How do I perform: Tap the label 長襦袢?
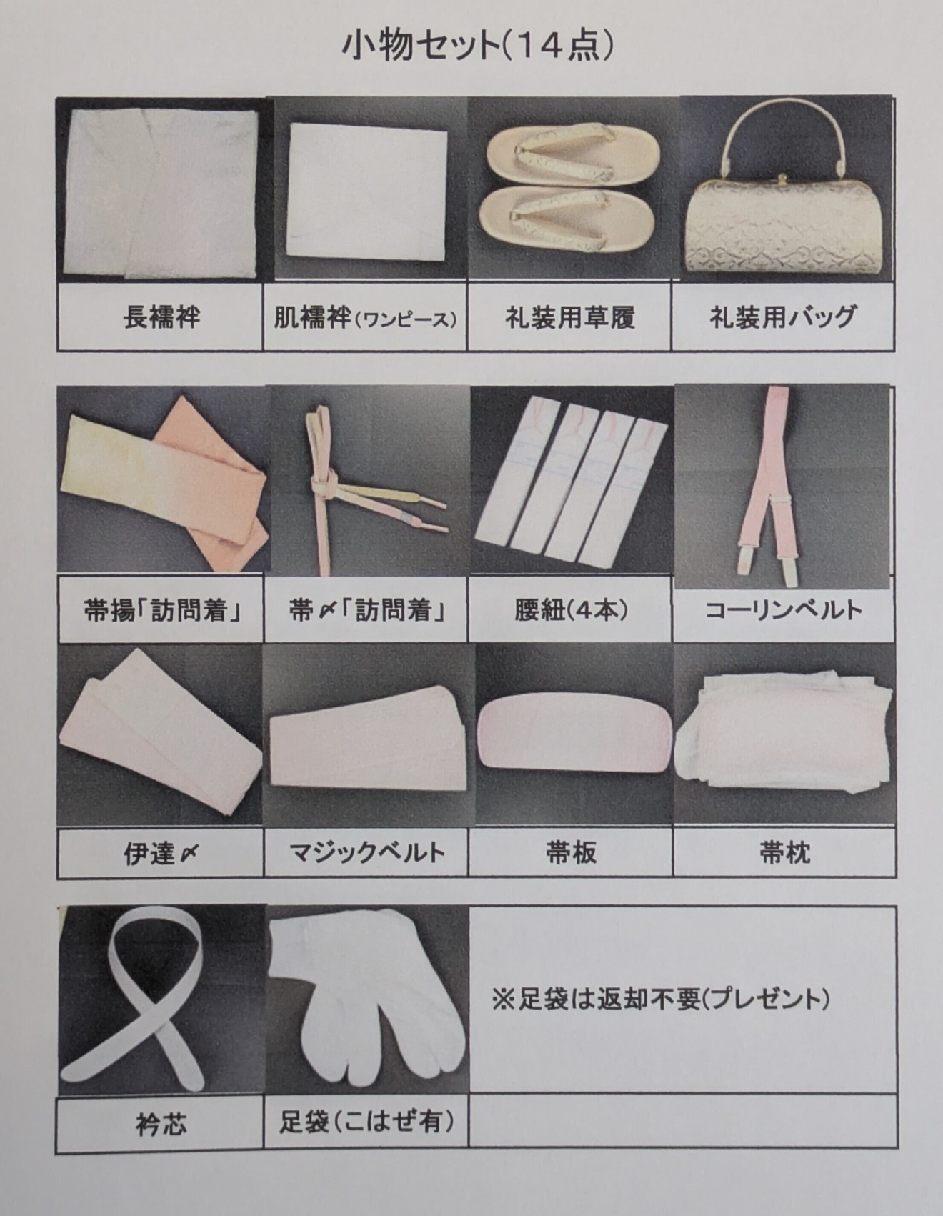coord(161,317)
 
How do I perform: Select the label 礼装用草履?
coord(570,317)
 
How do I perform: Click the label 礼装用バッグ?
coord(783,317)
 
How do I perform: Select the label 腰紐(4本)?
coord(570,609)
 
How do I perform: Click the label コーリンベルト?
coord(784,609)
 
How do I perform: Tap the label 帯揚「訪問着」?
coord(161,610)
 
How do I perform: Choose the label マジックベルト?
coord(366,852)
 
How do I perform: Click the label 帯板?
coord(570,852)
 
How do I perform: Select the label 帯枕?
coord(784,852)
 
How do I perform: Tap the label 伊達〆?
coord(161,852)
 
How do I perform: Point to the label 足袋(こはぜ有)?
coord(366,1121)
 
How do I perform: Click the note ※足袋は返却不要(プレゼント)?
coord(661,999)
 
